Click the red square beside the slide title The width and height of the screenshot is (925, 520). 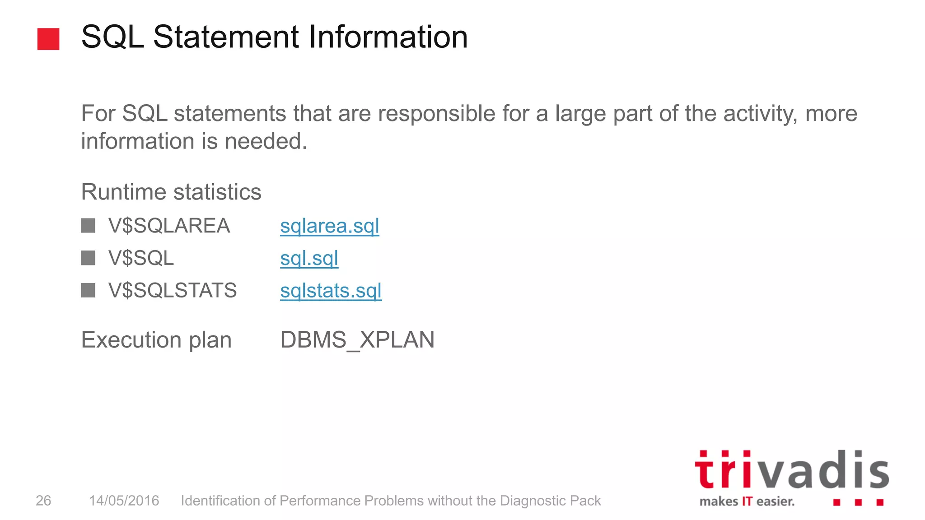pos(48,39)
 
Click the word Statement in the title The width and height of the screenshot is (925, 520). pos(226,37)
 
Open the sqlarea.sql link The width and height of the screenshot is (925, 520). pos(329,226)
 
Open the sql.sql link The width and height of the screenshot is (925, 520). pos(309,259)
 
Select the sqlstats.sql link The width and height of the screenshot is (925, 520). pos(331,291)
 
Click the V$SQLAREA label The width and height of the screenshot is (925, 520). pos(169,226)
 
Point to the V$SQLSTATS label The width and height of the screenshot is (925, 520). pos(172,290)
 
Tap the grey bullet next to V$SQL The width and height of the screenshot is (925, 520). pos(88,258)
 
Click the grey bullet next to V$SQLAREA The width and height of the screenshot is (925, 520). pos(88,226)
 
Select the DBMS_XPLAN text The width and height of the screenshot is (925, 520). pos(357,340)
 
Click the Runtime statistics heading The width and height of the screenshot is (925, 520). pos(171,192)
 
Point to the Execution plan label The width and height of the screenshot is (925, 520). pos(156,340)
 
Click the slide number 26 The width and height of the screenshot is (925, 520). pos(43,501)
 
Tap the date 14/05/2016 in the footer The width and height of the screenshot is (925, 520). pos(124,501)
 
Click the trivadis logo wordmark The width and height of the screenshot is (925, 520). pos(792,470)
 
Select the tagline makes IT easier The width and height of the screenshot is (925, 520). pos(747,501)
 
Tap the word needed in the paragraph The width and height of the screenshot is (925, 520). pos(266,141)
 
